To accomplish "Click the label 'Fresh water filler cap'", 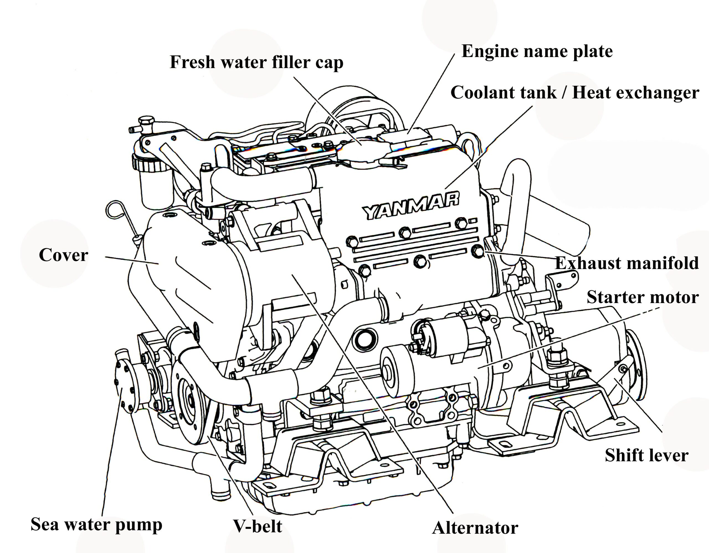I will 256,62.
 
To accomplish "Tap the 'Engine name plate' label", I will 537,51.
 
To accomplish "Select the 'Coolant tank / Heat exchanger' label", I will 574,92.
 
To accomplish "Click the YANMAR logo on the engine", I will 410,206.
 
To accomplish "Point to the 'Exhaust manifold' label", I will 626,263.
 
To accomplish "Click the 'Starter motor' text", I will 643,297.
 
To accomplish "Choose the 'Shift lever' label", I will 646,455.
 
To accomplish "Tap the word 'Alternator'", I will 475,528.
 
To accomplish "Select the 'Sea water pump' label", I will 96,524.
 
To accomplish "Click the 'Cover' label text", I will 63,255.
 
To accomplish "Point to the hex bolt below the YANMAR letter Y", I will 352,242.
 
